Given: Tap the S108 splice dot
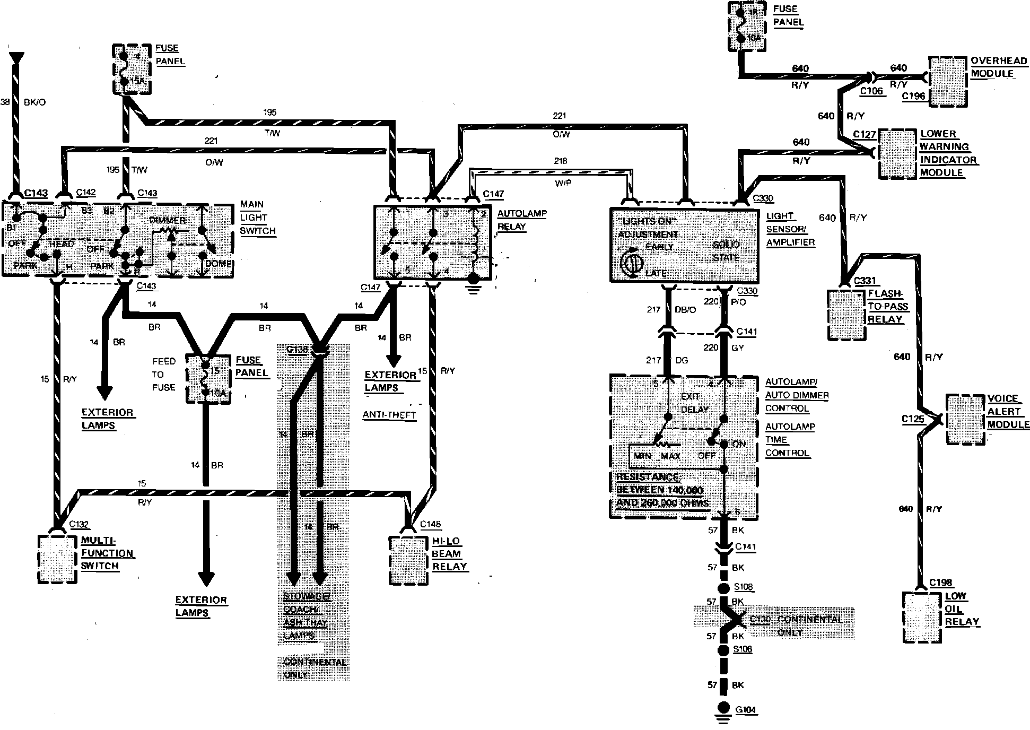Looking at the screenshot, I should coord(722,588).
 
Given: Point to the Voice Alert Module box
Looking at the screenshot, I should coord(966,419).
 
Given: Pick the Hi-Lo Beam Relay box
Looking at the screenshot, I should coord(408,560).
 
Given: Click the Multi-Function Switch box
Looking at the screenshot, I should coord(57,559).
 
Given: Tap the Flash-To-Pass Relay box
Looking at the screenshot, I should coord(846,315).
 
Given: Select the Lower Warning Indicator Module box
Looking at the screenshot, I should coord(897,153).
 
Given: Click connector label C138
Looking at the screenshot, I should coord(296,350).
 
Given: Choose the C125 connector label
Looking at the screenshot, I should coord(913,420).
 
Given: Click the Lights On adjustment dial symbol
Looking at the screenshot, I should coord(631,264).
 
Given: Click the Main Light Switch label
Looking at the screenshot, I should coord(258,218).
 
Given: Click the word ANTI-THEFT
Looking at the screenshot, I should coord(389,415).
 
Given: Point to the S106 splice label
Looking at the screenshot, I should coord(743,649).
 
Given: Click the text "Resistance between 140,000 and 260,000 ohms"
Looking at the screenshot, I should coord(663,490).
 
